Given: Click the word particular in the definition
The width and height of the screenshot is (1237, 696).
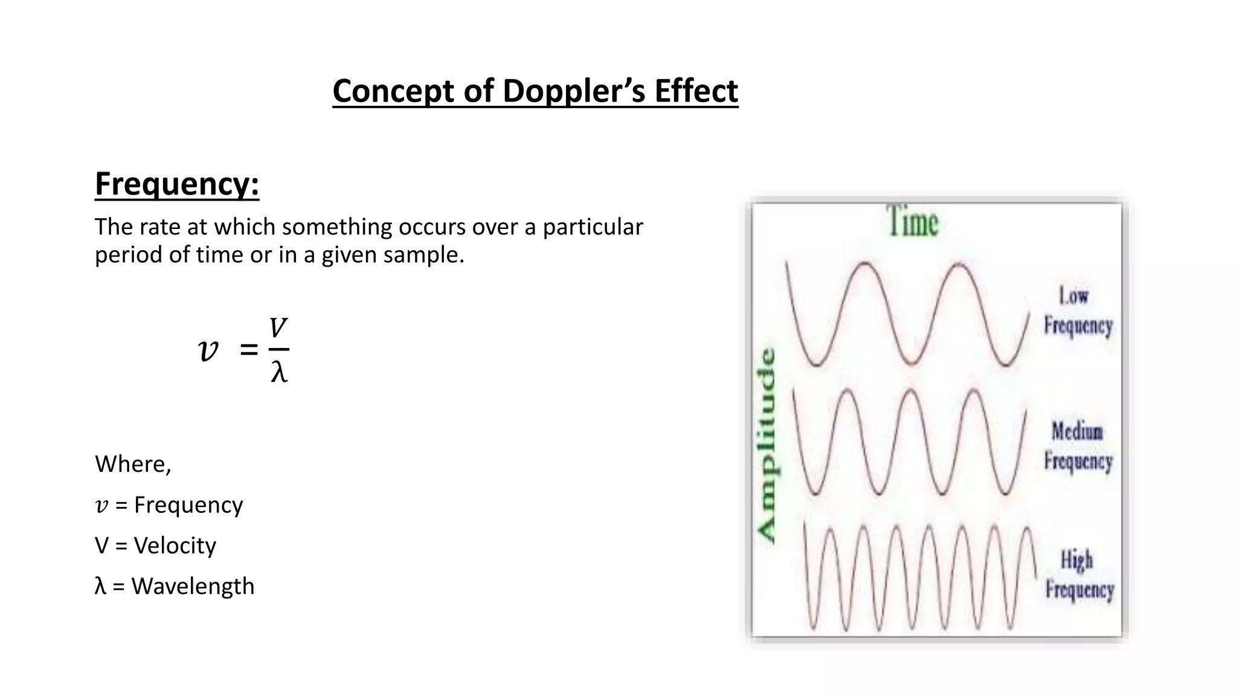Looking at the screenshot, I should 593,227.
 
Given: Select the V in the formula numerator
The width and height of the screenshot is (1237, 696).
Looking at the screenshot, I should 278,328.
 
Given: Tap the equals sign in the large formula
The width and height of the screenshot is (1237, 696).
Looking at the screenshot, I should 248,349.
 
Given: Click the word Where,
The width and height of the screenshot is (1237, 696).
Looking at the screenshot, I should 133,464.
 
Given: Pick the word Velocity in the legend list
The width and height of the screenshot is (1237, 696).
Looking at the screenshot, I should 175,546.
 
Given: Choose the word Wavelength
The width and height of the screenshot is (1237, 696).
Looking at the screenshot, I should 193,586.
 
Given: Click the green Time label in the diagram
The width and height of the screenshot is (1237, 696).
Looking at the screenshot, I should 913,222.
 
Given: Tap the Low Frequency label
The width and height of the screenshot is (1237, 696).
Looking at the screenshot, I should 1078,311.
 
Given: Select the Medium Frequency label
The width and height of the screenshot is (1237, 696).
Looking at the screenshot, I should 1078,446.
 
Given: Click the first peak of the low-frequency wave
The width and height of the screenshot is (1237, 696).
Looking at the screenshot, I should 866,263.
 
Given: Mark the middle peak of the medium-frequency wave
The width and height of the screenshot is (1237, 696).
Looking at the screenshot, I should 911,390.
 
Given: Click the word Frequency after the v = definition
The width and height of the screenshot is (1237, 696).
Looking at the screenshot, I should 188,505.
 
